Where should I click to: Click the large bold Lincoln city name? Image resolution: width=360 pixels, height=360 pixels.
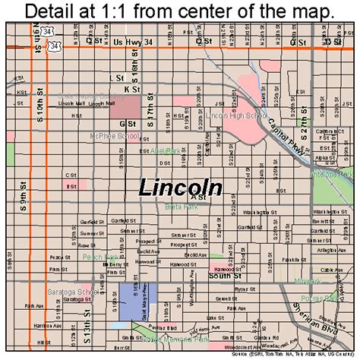(180, 188)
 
